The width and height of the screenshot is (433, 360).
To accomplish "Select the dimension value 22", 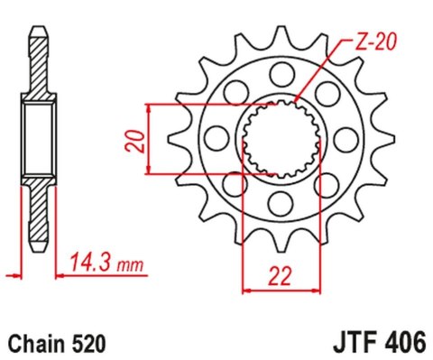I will point(281,274).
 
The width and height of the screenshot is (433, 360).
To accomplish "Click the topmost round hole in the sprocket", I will point(280,72).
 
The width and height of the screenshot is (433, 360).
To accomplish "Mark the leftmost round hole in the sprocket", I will point(217,136).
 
